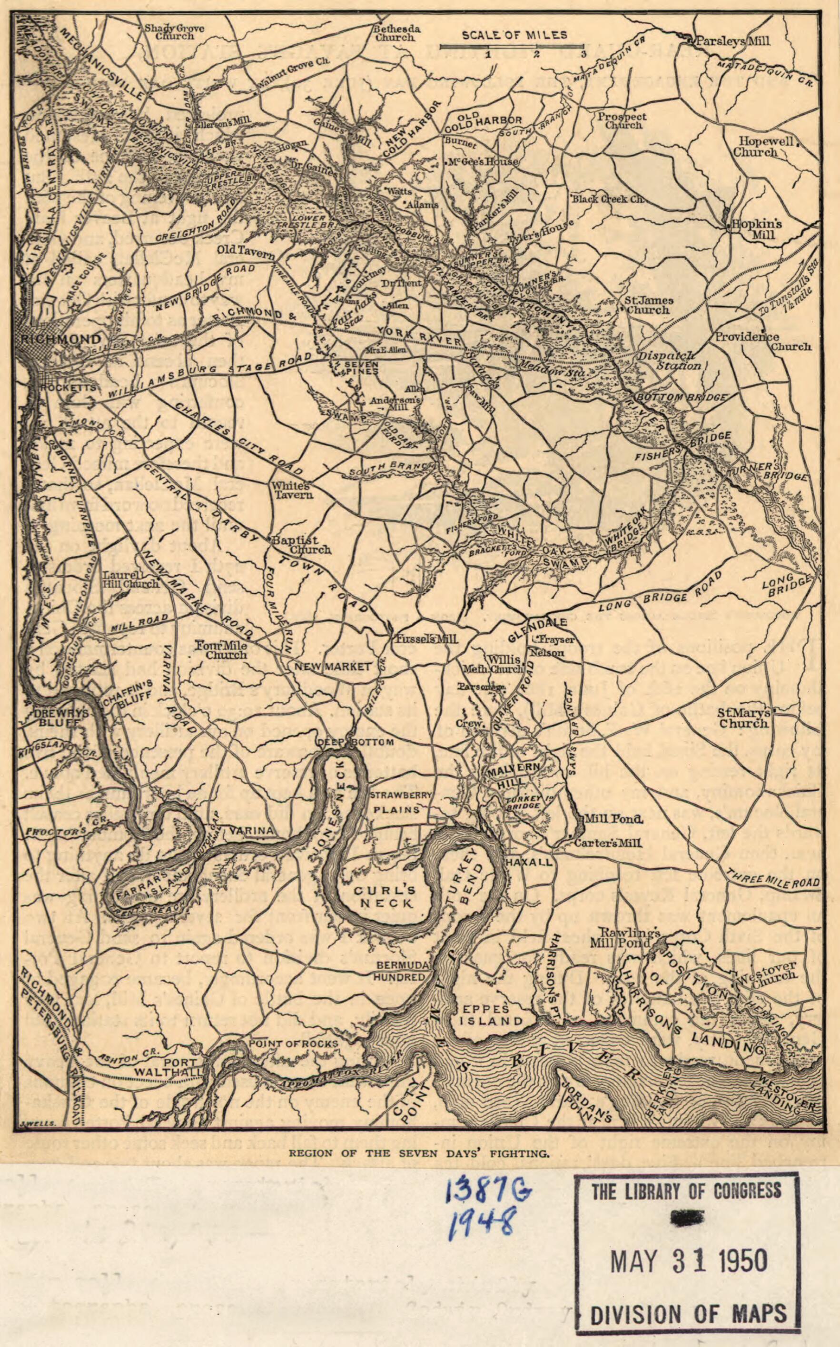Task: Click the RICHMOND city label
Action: [61, 339]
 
